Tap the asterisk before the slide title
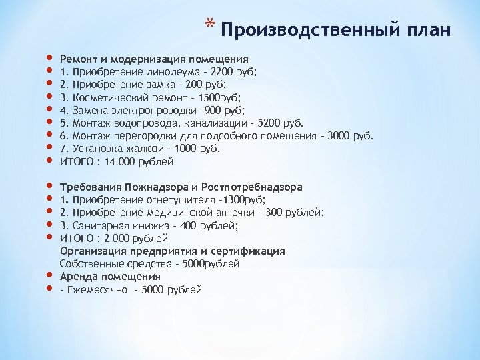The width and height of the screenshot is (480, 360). click(x=210, y=27)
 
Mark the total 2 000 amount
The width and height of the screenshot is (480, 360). click(x=113, y=239)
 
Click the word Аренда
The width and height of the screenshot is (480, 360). click(x=79, y=277)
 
